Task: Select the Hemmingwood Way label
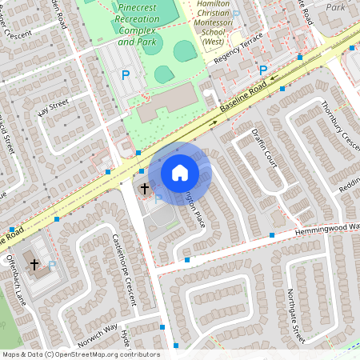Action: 321,228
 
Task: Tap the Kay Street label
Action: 54,106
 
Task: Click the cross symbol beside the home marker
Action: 145,189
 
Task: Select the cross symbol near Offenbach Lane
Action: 34,264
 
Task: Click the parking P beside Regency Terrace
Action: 263,70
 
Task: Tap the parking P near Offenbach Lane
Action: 52,264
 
